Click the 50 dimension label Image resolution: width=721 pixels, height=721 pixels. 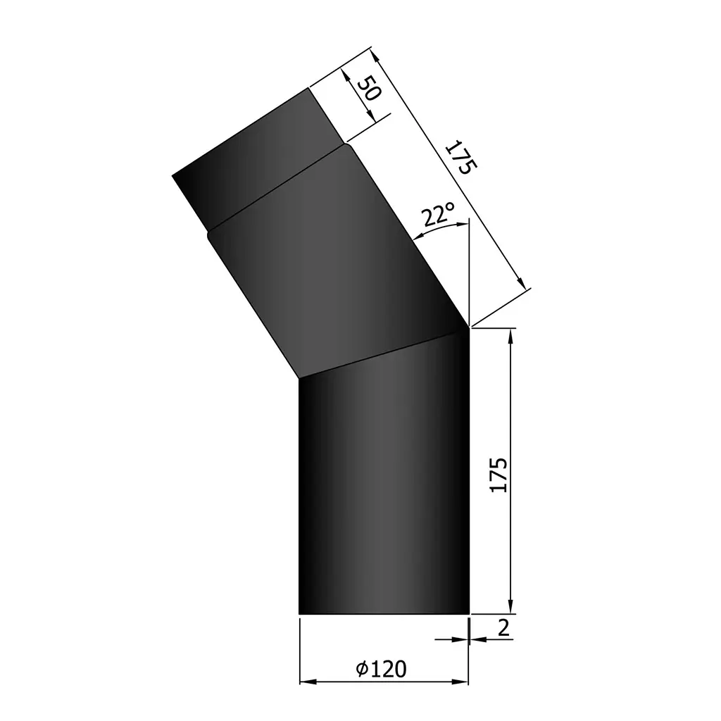point(368,89)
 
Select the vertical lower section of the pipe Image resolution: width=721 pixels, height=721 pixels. point(384,493)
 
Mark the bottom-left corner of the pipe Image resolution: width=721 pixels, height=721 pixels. point(300,613)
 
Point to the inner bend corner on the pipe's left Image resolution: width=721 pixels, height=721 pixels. point(300,379)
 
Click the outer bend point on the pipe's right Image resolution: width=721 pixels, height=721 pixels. point(469,326)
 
